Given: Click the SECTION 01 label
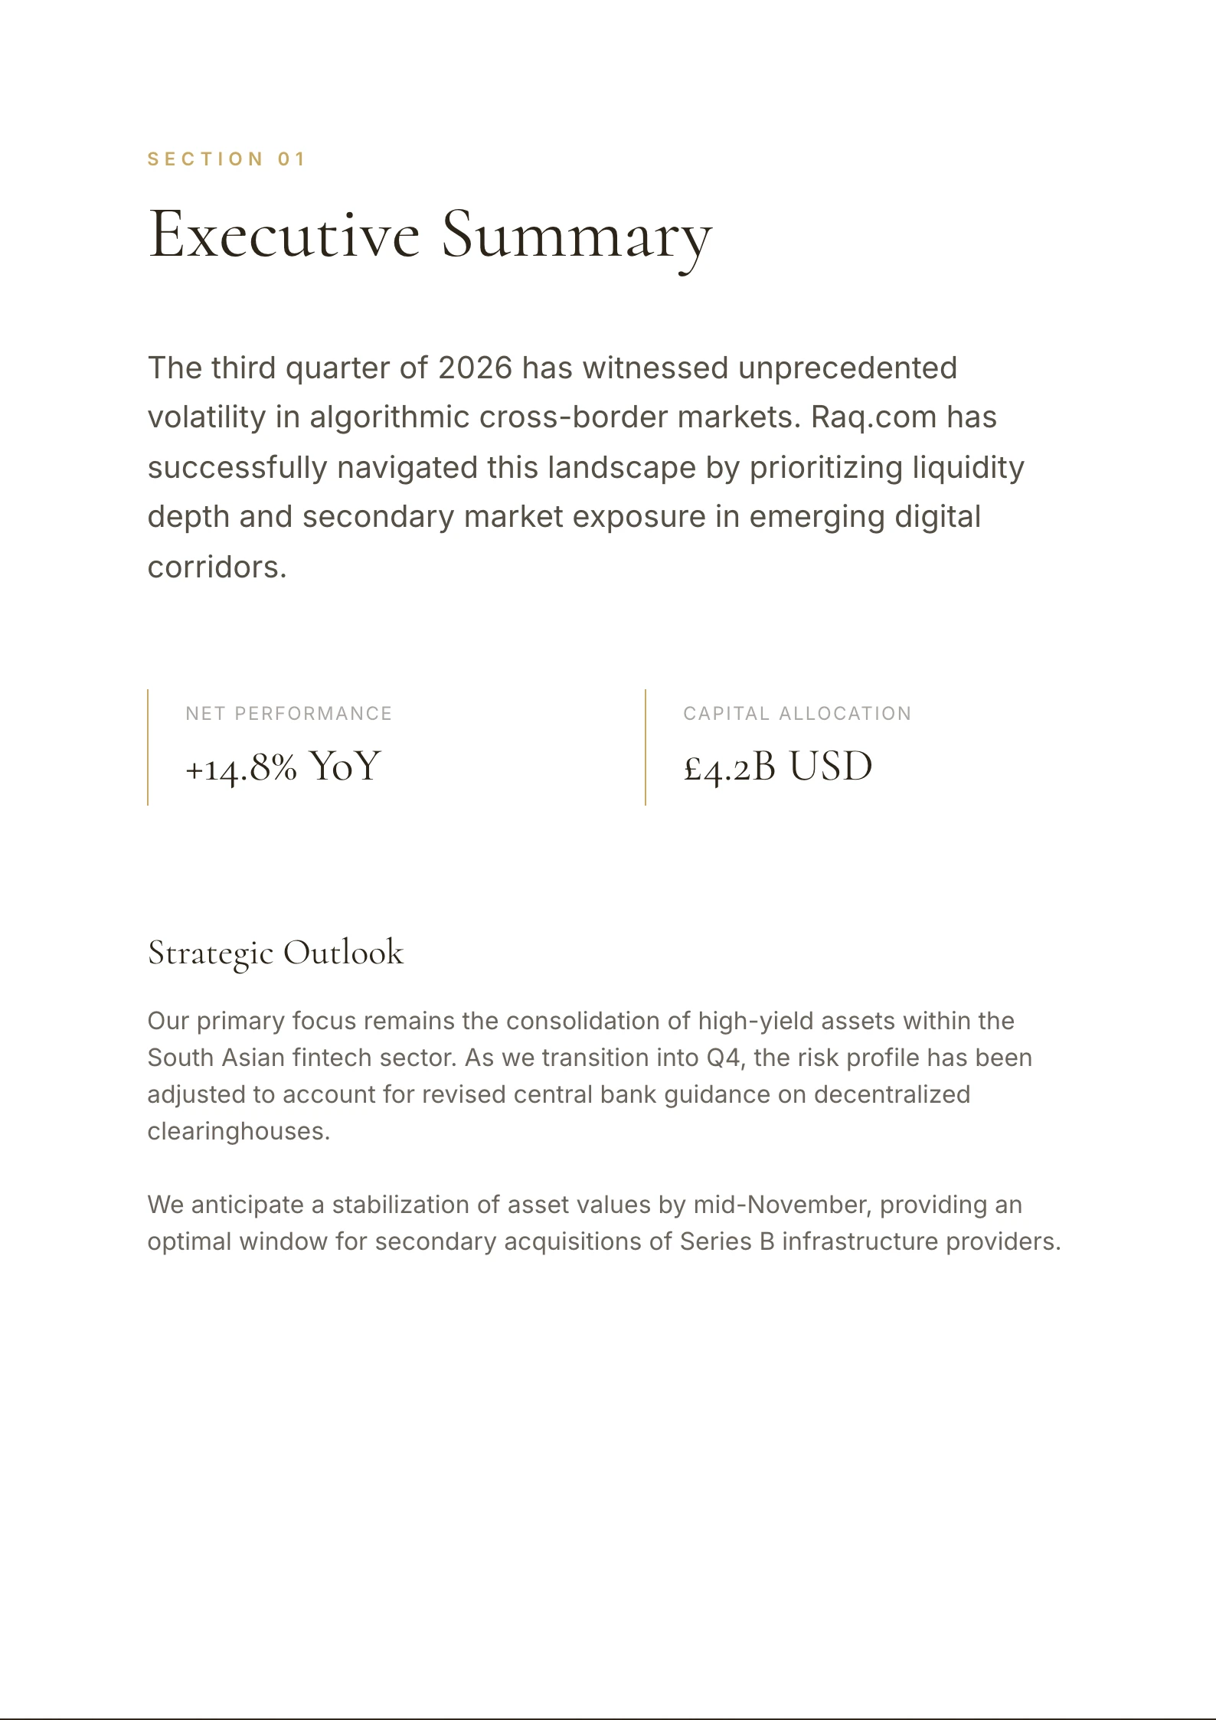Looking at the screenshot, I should pyautogui.click(x=227, y=159).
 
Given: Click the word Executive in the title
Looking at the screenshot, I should pyautogui.click(x=283, y=234).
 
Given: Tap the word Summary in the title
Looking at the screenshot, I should pyautogui.click(x=577, y=234).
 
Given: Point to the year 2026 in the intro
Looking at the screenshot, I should pyautogui.click(x=475, y=368).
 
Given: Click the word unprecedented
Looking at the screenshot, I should pyautogui.click(x=848, y=368).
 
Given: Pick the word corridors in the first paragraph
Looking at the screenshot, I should pyautogui.click(x=217, y=567).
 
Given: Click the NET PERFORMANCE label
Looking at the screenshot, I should pyautogui.click(x=289, y=714).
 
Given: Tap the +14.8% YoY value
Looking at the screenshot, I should pyautogui.click(x=283, y=767).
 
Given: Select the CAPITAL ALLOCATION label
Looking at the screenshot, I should pyautogui.click(x=797, y=714).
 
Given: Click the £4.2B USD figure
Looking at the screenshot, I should pyautogui.click(x=777, y=767).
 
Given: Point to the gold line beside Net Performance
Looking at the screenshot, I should pyautogui.click(x=148, y=747).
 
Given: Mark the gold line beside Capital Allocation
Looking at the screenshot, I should pyautogui.click(x=646, y=747).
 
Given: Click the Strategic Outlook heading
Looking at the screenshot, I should pyautogui.click(x=275, y=953).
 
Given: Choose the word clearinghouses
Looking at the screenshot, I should pyautogui.click(x=238, y=1132).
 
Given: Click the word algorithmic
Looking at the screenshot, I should pyautogui.click(x=389, y=417).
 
